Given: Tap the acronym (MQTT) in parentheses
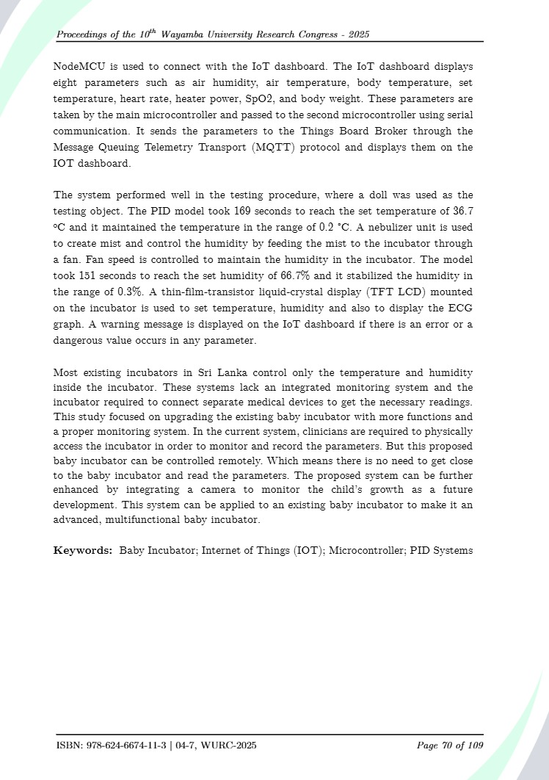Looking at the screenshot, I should coord(269,148).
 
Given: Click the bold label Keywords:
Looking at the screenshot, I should coord(83,550).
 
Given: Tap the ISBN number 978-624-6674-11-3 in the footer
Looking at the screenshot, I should coord(125,746).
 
